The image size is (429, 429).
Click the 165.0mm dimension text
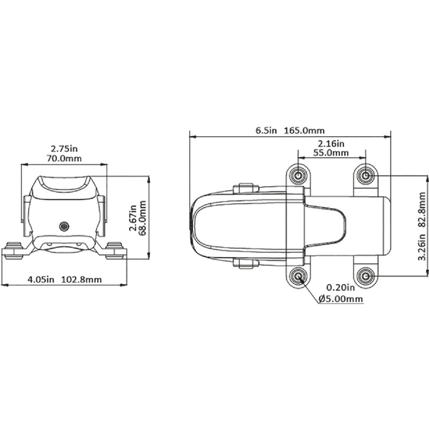click(x=304, y=130)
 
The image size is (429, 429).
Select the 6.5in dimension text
click(x=266, y=130)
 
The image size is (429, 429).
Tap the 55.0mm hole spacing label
click(x=331, y=153)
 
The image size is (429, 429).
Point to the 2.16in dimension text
click(x=331, y=143)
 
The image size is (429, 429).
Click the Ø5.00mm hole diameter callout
click(x=341, y=299)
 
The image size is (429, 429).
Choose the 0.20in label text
click(x=341, y=287)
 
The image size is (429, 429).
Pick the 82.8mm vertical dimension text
click(x=422, y=210)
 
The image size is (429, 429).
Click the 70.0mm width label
click(x=64, y=158)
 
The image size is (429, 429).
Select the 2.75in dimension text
click(x=64, y=149)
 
